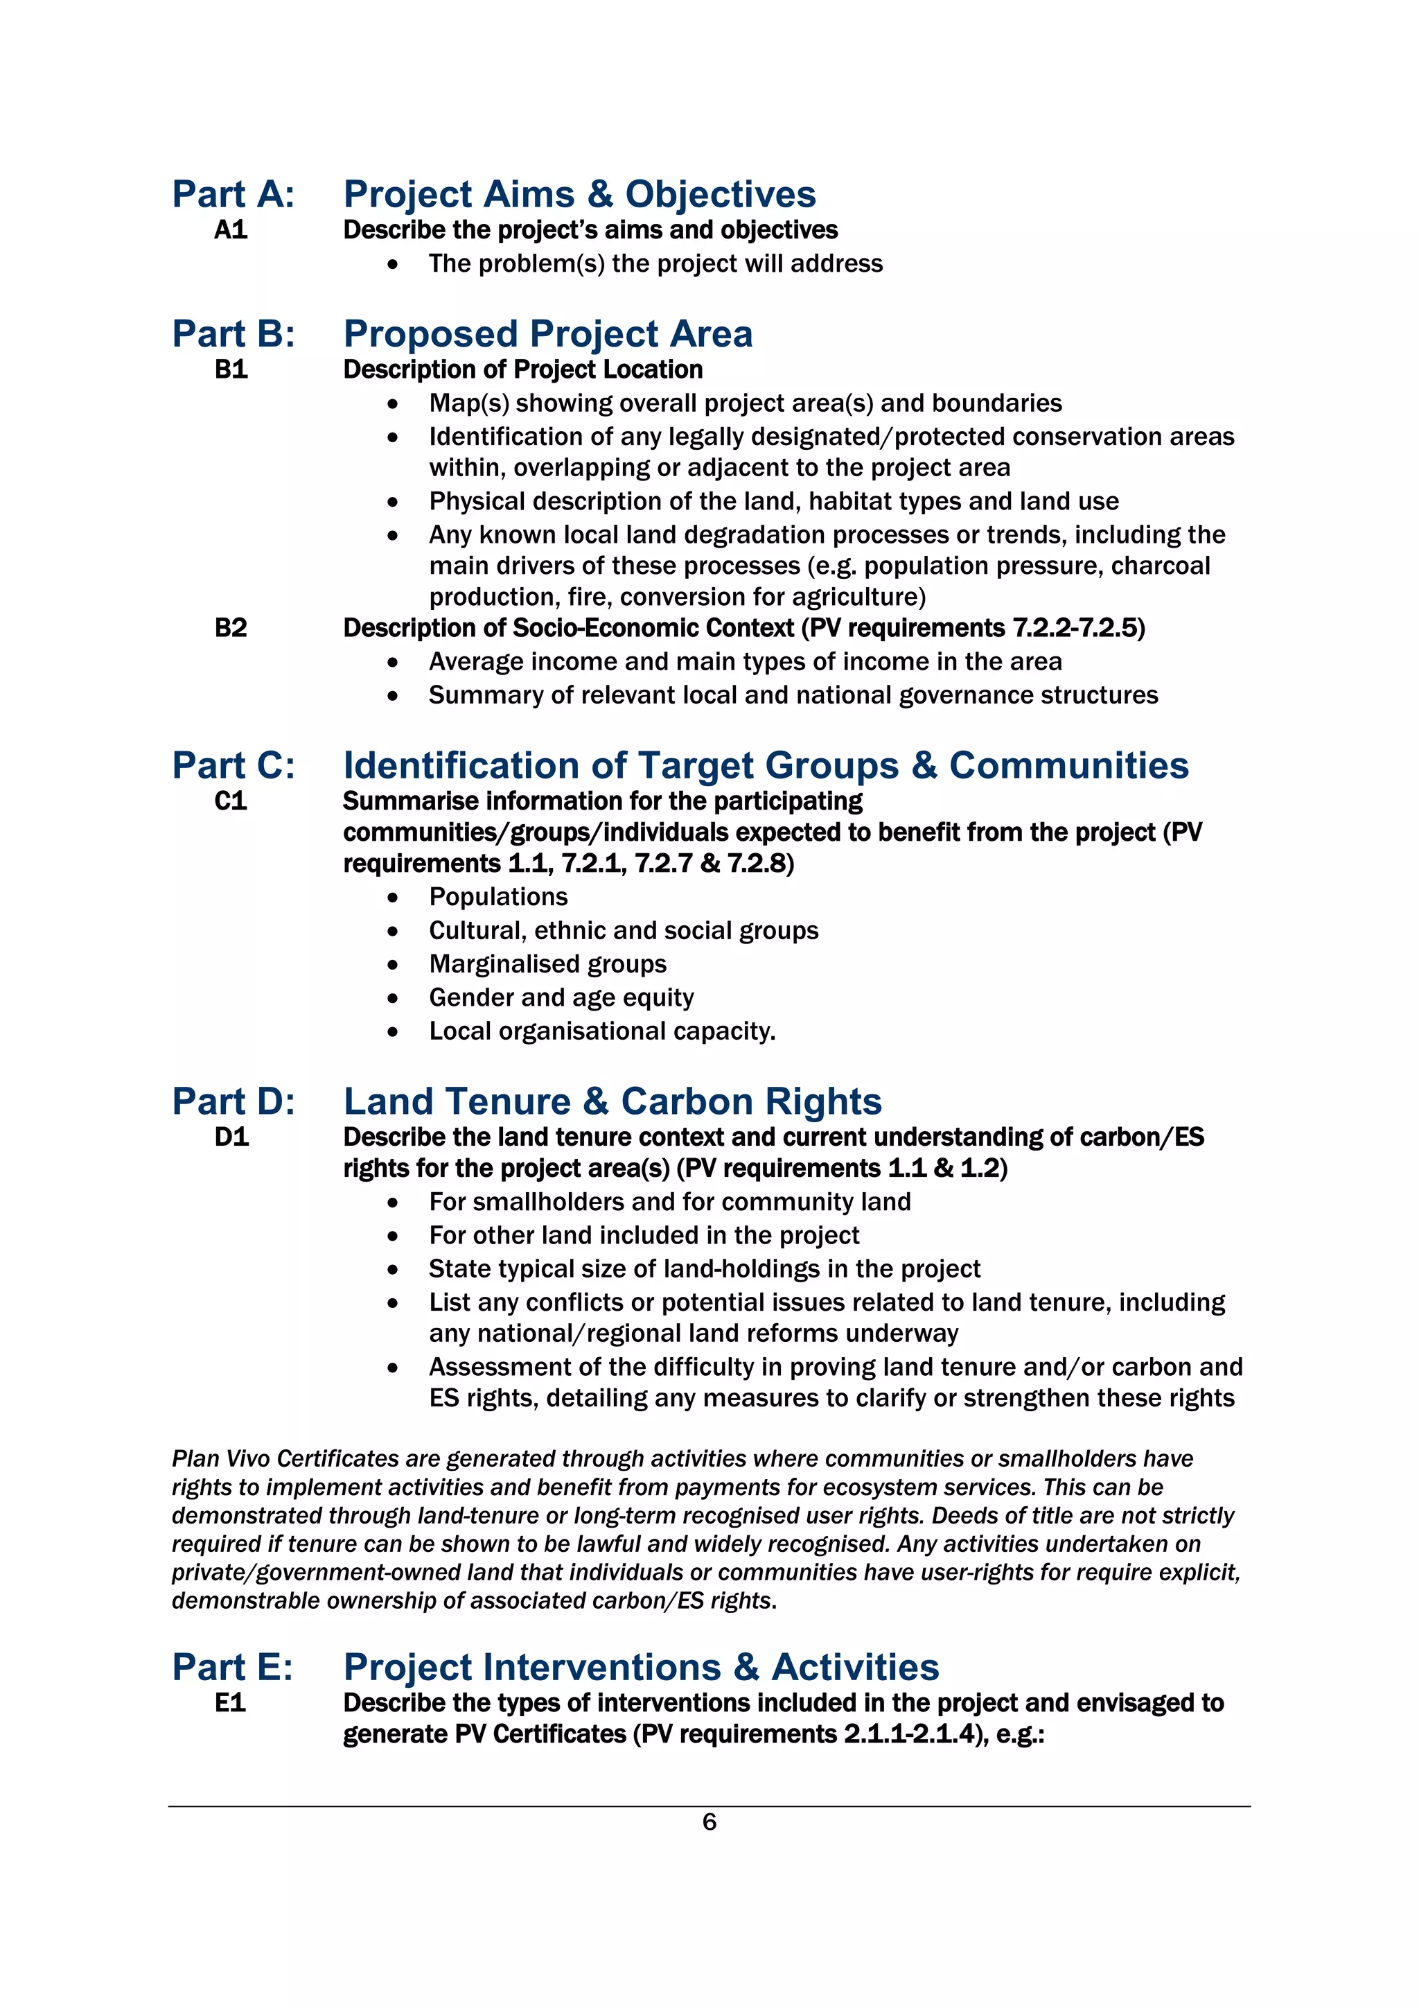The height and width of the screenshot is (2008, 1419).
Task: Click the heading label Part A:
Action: click(x=233, y=194)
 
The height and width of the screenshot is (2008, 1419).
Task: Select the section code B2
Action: click(x=231, y=628)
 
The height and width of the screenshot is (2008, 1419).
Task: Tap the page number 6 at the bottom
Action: click(x=709, y=1822)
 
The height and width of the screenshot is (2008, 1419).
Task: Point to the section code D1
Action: click(x=231, y=1137)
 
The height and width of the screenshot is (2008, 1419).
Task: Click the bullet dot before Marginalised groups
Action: click(x=393, y=966)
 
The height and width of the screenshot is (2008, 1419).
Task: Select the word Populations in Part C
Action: click(x=497, y=898)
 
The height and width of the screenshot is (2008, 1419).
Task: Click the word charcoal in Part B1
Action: click(x=1160, y=566)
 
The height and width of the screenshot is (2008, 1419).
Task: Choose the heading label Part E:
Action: click(x=231, y=1667)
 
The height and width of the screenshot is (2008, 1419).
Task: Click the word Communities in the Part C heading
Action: click(x=1068, y=765)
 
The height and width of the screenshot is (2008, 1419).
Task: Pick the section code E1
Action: click(x=230, y=1703)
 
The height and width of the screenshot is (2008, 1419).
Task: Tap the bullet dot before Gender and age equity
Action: click(x=393, y=999)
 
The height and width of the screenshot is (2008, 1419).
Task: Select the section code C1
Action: click(x=231, y=801)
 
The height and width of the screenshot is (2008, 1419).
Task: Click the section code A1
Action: click(x=231, y=230)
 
